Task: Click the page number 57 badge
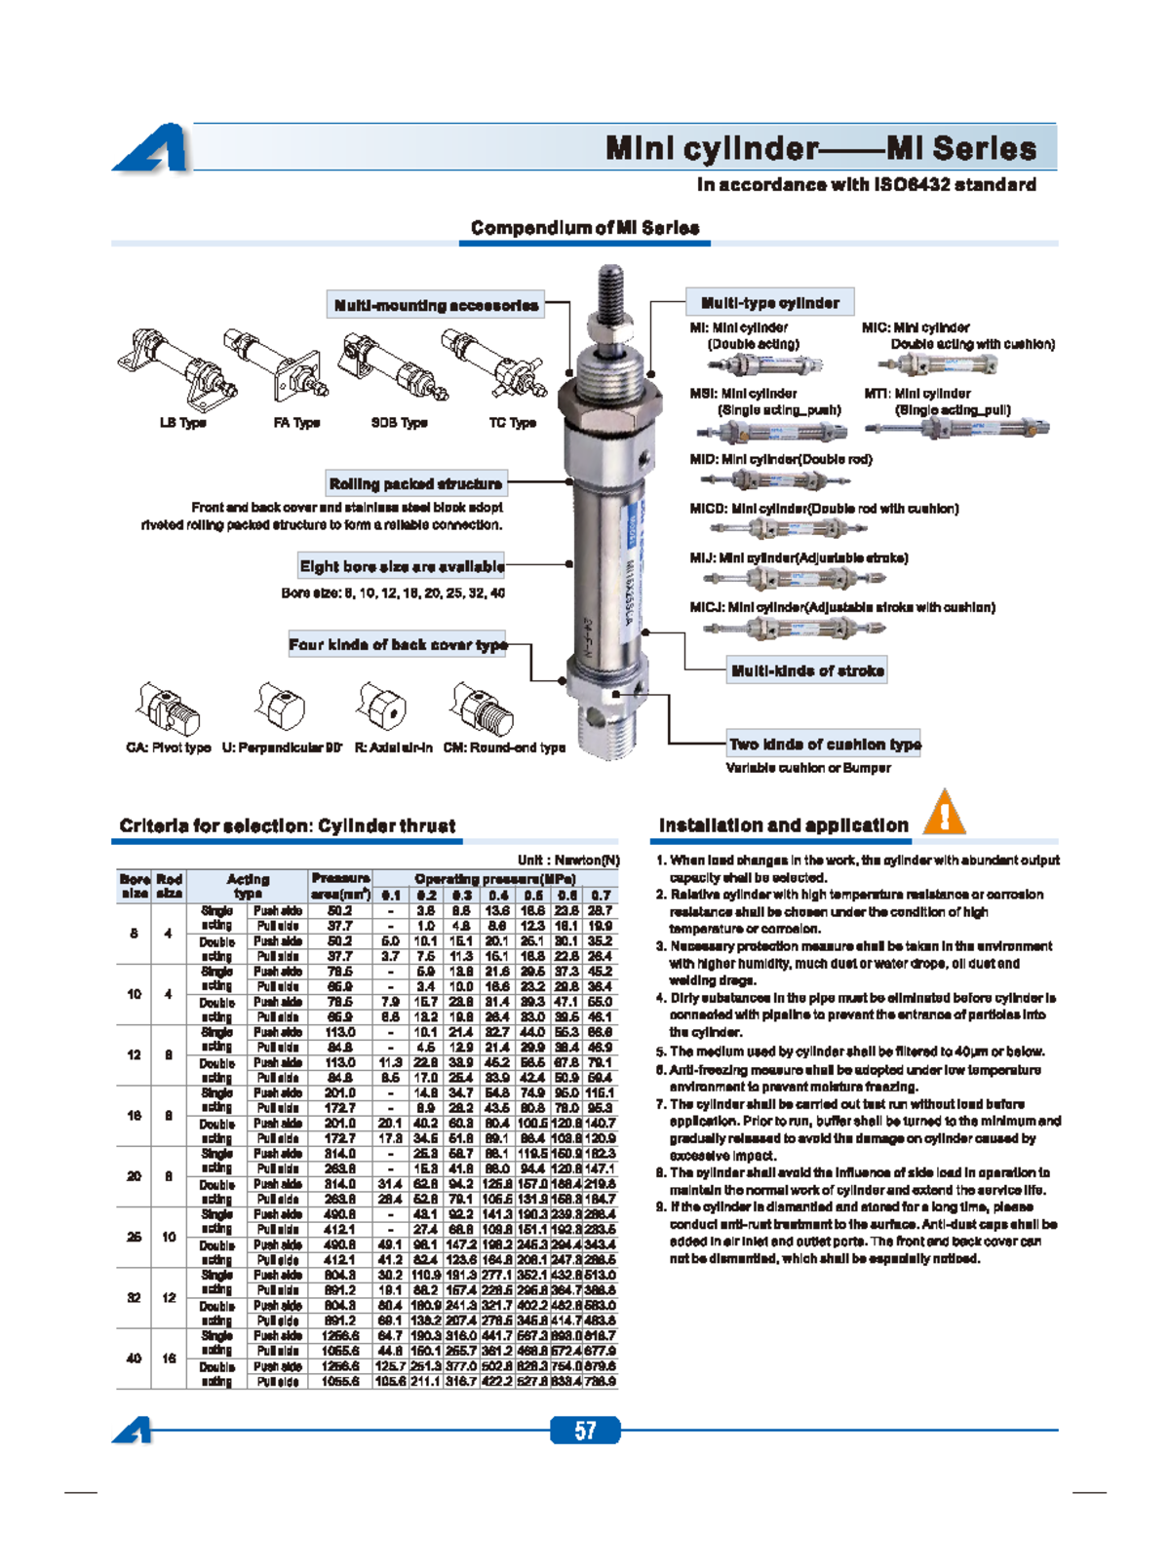[x=585, y=1430]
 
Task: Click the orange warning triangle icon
[x=943, y=815]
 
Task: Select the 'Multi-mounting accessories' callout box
[x=436, y=305]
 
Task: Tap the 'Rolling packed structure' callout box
[x=415, y=483]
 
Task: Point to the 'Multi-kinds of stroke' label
[x=807, y=670]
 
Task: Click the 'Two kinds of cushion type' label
[x=825, y=744]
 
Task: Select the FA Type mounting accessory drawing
[x=282, y=365]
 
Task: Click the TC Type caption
[x=512, y=423]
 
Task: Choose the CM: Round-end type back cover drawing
[x=483, y=708]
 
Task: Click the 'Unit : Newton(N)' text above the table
[x=568, y=860]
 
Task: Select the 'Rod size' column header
[x=169, y=886]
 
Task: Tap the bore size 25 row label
[x=134, y=1237]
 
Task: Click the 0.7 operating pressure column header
[x=601, y=895]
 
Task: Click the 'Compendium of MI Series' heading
[x=585, y=228]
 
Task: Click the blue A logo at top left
[x=153, y=149]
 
